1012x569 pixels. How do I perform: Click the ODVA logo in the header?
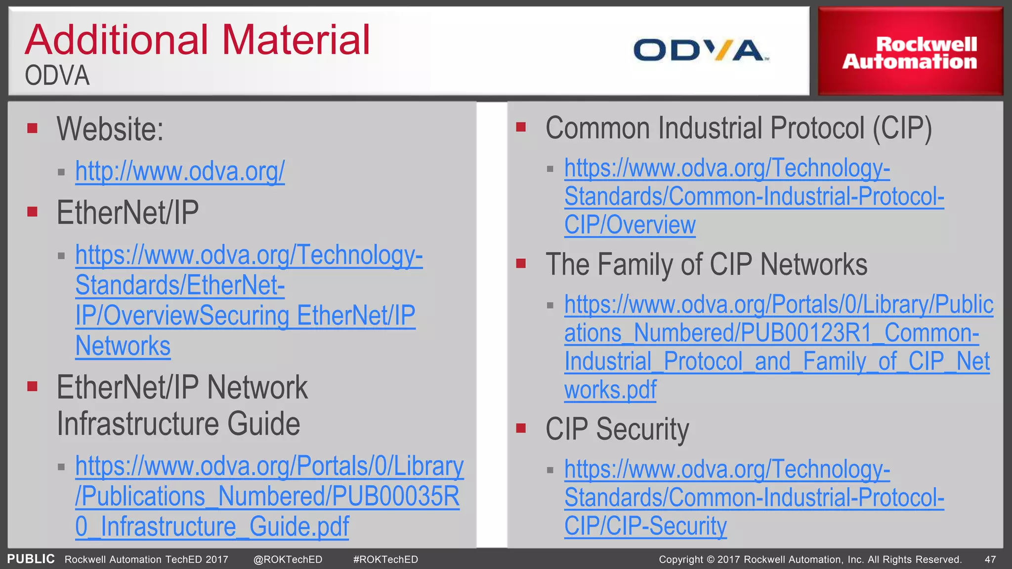click(701, 50)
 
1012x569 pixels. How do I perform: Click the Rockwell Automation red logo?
click(910, 52)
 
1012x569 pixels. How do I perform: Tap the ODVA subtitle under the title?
click(57, 76)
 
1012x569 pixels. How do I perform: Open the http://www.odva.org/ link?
click(180, 171)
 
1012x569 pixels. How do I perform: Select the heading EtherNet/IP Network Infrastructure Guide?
click(181, 405)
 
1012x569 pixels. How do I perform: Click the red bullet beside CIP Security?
click(521, 428)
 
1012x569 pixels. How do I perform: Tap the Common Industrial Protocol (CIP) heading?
click(738, 128)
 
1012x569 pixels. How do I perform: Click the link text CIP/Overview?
click(630, 225)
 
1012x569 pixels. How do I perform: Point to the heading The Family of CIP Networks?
click(706, 264)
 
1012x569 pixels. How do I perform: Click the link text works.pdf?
click(610, 390)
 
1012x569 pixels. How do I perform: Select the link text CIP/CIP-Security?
click(645, 526)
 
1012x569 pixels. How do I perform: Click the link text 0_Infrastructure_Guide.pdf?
click(212, 527)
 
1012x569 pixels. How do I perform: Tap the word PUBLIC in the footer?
click(31, 559)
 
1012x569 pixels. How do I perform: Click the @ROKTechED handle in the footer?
click(288, 560)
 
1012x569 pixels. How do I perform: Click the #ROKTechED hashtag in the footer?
click(385, 560)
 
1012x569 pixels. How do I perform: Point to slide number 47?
click(990, 560)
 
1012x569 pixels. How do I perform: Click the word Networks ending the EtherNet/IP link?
click(123, 346)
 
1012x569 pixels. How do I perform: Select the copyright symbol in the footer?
click(711, 560)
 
